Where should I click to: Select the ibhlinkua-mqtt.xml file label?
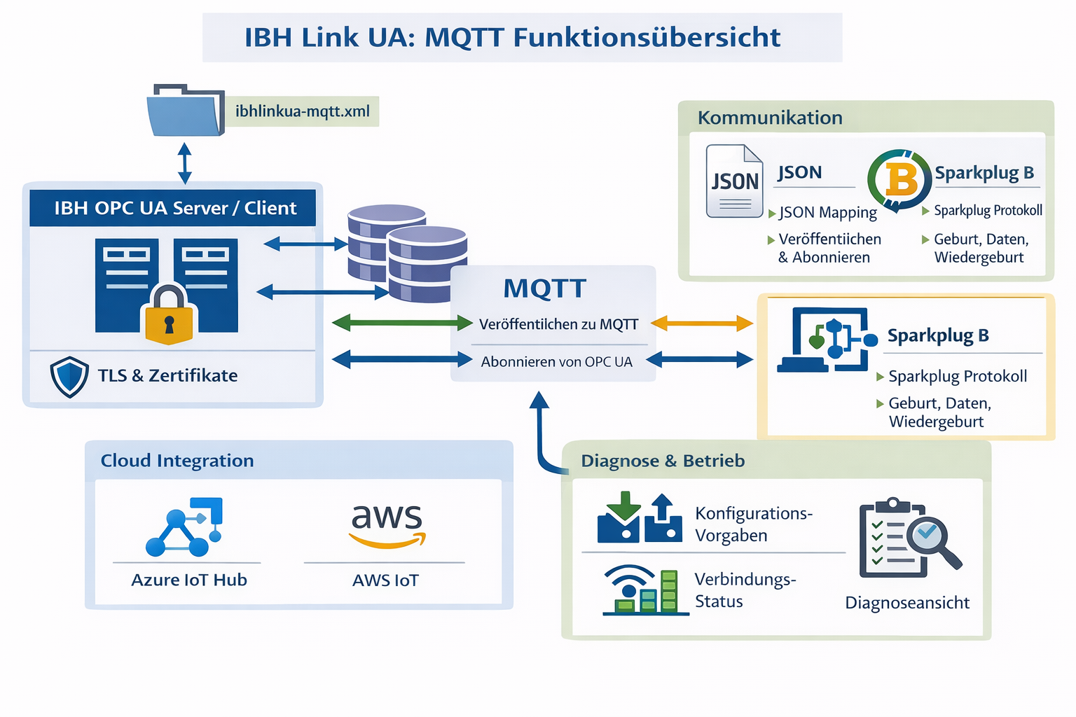click(302, 111)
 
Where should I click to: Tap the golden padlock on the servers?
click(169, 315)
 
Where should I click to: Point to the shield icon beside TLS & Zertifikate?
click(69, 377)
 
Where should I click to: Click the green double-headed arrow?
click(402, 323)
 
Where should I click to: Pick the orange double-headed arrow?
click(702, 323)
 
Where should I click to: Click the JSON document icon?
click(734, 181)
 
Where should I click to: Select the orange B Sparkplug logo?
click(899, 179)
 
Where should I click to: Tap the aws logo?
click(387, 524)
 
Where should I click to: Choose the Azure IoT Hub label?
click(189, 580)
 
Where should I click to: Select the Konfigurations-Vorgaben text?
click(753, 524)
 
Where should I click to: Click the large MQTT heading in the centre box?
click(544, 288)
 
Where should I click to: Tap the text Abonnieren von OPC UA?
click(556, 362)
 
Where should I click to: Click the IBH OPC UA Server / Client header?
click(175, 208)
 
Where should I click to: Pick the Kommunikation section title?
click(770, 118)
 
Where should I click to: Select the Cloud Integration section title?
click(177, 461)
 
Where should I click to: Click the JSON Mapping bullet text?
click(827, 212)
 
